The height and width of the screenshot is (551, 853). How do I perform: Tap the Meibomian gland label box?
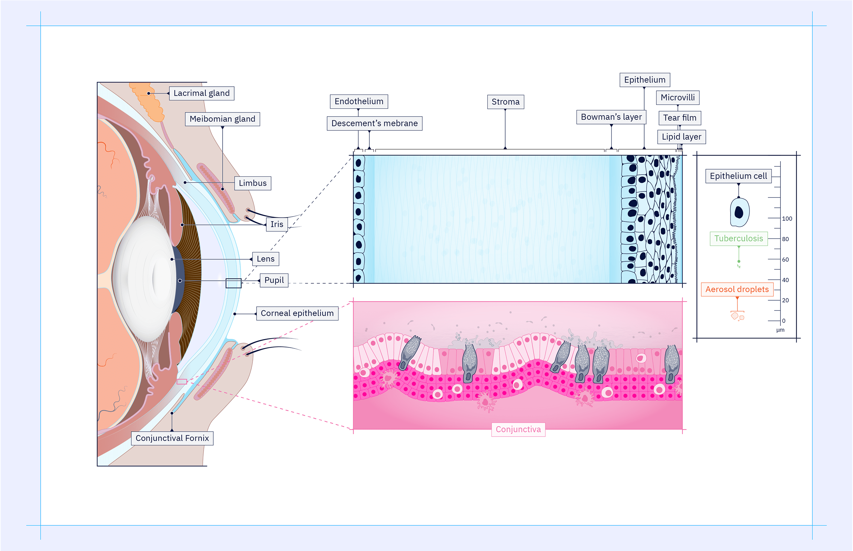(x=222, y=119)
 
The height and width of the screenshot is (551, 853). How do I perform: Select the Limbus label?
(x=252, y=183)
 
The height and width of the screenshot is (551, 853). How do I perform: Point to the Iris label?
(x=277, y=224)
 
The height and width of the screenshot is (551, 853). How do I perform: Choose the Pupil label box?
(x=274, y=280)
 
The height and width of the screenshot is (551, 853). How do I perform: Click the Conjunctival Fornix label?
(x=172, y=438)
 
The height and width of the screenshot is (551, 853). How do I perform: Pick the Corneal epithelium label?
(x=297, y=313)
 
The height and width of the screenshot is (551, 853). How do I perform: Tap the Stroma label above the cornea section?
(x=505, y=102)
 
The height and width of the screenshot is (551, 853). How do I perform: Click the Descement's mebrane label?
(x=374, y=123)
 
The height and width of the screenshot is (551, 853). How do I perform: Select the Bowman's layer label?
(x=611, y=117)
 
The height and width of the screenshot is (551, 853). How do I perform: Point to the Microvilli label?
(x=677, y=98)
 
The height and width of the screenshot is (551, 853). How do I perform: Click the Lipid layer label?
(x=681, y=137)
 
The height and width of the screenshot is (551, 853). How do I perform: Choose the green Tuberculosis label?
(x=738, y=239)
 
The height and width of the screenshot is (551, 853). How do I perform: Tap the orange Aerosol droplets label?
(x=737, y=290)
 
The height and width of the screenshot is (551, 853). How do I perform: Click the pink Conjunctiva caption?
(x=518, y=429)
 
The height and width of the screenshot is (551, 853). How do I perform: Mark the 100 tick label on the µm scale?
(x=787, y=219)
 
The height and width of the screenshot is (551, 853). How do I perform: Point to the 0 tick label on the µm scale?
(x=784, y=321)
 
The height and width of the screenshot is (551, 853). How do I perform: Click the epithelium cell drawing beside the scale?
(x=739, y=212)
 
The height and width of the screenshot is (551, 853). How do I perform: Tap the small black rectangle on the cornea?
(x=233, y=283)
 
